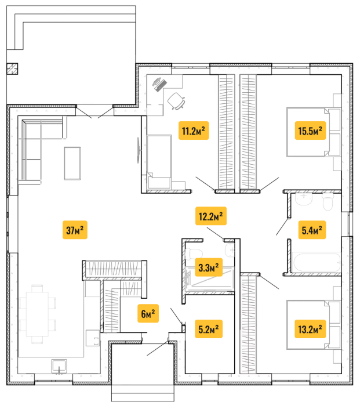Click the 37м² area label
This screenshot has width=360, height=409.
click(x=75, y=230)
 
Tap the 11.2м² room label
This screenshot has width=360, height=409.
click(x=194, y=131)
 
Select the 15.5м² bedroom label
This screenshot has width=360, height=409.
click(x=310, y=131)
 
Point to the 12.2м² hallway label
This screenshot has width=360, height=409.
click(x=211, y=216)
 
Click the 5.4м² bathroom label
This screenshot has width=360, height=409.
click(x=312, y=230)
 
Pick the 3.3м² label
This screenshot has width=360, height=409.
click(x=209, y=267)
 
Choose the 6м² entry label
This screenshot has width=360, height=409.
click(x=148, y=313)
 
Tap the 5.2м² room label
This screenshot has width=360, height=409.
click(x=209, y=329)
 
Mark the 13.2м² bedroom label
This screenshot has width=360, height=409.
click(x=310, y=329)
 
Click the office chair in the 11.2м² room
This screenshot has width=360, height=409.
click(x=176, y=101)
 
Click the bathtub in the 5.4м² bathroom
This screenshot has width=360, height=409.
click(x=317, y=262)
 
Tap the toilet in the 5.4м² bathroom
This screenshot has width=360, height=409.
click(x=328, y=202)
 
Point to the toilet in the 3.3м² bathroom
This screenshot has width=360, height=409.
click(x=194, y=254)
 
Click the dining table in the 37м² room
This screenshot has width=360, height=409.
click(x=37, y=314)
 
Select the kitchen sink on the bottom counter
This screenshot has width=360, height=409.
click(x=59, y=366)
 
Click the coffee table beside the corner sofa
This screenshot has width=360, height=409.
click(x=72, y=163)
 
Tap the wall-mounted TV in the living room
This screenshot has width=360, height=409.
click(x=139, y=150)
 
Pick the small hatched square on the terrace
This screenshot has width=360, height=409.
click(x=12, y=69)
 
